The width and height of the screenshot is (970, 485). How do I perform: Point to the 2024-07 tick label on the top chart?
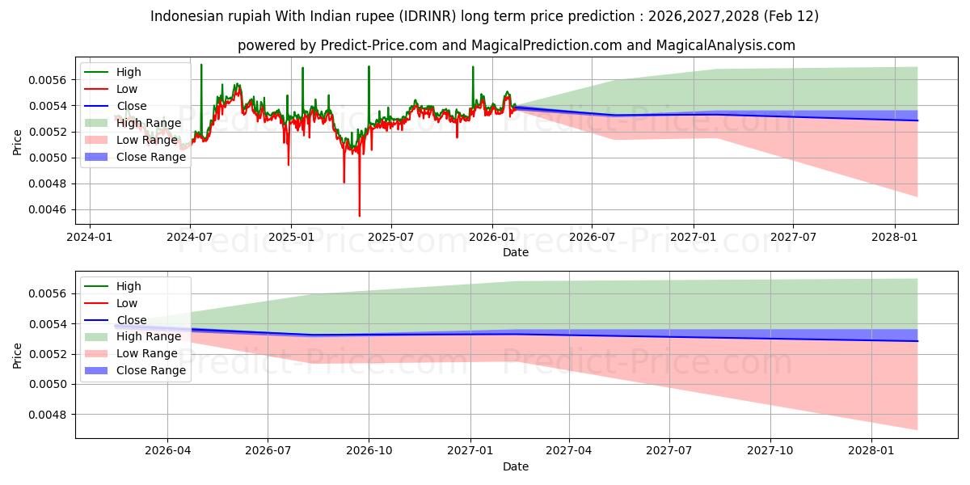click(x=189, y=237)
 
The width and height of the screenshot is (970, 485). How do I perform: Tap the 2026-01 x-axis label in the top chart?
click(x=491, y=237)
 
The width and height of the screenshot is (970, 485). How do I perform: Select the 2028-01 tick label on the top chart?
click(x=895, y=237)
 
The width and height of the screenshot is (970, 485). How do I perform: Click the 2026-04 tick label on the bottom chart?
click(x=167, y=451)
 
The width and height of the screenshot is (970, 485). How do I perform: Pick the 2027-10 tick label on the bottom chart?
click(x=770, y=451)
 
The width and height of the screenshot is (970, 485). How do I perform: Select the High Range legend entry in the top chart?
click(x=149, y=123)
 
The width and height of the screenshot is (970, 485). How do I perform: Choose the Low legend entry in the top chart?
click(x=127, y=89)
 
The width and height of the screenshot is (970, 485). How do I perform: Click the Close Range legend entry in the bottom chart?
click(x=150, y=371)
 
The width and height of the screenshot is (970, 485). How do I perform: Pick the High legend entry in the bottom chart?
click(x=129, y=286)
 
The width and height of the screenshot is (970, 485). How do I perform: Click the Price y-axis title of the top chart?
click(x=18, y=143)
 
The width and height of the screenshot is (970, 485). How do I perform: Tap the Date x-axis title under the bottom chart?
click(x=516, y=466)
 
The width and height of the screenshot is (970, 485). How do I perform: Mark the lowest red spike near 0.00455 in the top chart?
click(x=360, y=215)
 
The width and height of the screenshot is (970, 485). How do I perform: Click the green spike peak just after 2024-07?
click(x=201, y=65)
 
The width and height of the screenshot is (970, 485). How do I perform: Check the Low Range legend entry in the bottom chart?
click(x=148, y=354)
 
